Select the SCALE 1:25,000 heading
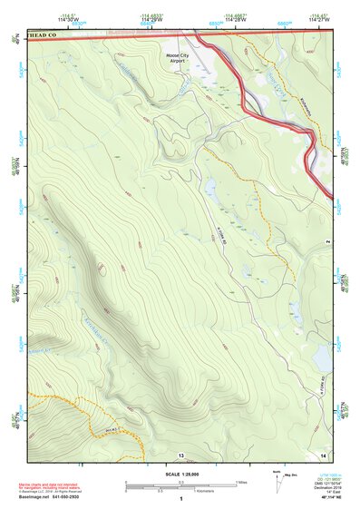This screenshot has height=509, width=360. coord(180,473)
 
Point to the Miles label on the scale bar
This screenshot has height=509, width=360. coord(240,482)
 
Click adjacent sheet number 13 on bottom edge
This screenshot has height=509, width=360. coord(181,454)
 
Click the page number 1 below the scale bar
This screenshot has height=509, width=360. coord(180,499)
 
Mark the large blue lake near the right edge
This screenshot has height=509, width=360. coord(322,360)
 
